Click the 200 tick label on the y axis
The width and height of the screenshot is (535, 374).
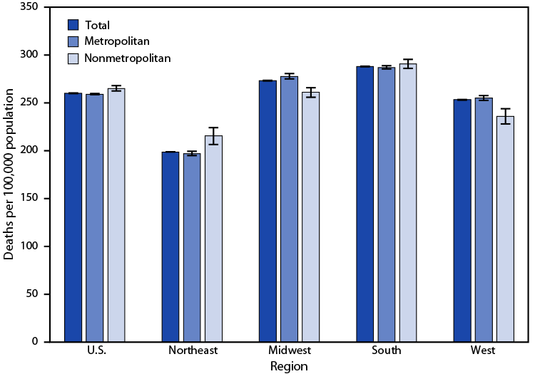coord(29,150)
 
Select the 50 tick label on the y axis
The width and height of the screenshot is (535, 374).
coord(31,294)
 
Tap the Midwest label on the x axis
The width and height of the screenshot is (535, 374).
coord(289,351)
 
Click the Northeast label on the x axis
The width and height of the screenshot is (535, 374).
coord(192,351)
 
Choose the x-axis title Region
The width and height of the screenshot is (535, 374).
coord(289,366)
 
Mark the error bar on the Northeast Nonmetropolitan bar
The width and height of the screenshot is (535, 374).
coord(213,135)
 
